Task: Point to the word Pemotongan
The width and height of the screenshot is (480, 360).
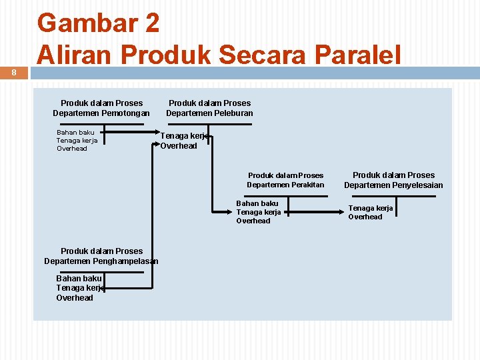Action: [126, 113]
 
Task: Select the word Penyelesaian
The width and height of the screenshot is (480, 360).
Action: [413, 185]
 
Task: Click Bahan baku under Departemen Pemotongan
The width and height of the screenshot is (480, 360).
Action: [75, 132]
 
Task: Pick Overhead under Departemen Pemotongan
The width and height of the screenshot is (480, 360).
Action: [72, 149]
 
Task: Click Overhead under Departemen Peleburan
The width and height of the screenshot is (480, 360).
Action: [179, 146]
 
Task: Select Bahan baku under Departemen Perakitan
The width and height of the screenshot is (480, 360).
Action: [257, 203]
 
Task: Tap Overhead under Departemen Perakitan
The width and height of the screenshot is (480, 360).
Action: [253, 221]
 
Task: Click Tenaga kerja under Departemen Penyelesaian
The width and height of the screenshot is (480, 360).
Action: [371, 208]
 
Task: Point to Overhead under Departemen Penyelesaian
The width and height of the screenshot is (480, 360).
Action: [365, 217]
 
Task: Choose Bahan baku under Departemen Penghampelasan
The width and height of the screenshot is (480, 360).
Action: [79, 278]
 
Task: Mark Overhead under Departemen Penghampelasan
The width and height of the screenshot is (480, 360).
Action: [75, 298]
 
